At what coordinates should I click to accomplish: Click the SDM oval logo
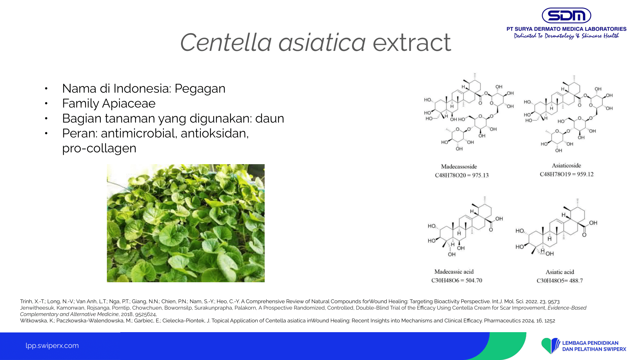566,15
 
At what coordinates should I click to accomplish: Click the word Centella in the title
226,42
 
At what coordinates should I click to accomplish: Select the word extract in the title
412,43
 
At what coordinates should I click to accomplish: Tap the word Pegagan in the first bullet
200,89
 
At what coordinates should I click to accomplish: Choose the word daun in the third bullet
270,118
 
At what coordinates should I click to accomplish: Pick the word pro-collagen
99,148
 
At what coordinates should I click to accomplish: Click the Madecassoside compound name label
459,166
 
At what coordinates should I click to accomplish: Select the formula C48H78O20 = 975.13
462,175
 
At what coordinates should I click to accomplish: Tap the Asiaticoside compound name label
566,165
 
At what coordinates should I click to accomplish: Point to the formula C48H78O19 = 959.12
567,174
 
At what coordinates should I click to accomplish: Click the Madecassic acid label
454,272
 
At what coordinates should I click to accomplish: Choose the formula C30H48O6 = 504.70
457,280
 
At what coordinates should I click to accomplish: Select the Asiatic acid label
560,272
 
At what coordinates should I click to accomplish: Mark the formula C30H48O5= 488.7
560,281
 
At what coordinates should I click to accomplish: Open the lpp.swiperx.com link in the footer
52,346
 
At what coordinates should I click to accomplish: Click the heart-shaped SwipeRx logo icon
550,346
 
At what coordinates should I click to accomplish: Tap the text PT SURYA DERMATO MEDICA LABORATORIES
566,29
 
